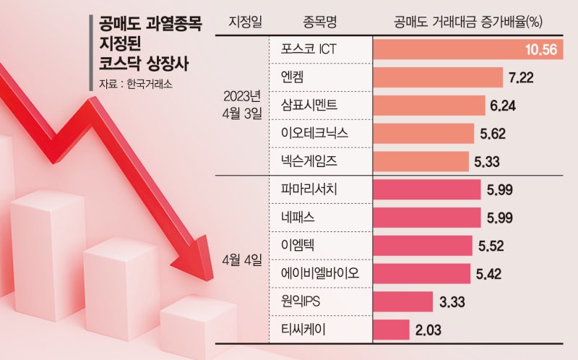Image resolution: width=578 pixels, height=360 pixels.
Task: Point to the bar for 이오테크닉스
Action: (x=423, y=134)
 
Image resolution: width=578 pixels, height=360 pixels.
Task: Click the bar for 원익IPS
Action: (x=403, y=301)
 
